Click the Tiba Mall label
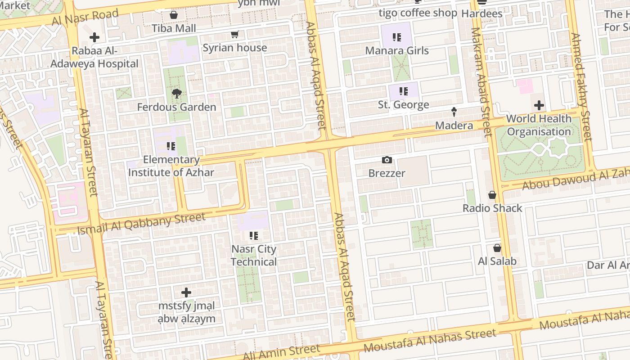tap(174, 28)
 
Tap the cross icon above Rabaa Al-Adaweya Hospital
tap(94, 37)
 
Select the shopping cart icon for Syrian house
tap(234, 35)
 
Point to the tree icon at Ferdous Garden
tap(177, 94)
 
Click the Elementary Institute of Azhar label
tap(171, 166)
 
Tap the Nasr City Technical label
tap(254, 255)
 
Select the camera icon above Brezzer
tap(387, 160)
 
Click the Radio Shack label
tap(492, 208)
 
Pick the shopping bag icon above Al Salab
tap(497, 248)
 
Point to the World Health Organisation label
tap(539, 125)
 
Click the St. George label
tap(403, 105)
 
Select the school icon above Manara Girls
tap(396, 37)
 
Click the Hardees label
tap(482, 13)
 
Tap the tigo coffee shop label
tap(418, 13)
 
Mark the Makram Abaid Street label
tap(481, 82)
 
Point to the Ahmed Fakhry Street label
tap(581, 86)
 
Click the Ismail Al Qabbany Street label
tap(141, 224)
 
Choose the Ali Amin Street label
tap(281, 351)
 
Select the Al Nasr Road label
tap(85, 18)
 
